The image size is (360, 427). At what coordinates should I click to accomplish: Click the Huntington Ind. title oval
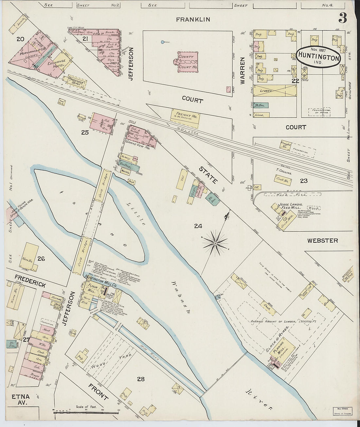click(x=318, y=57)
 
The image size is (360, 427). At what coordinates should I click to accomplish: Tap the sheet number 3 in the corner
click(x=342, y=19)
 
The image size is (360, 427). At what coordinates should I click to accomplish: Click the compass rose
click(x=215, y=243)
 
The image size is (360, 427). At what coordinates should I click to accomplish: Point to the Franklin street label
click(x=193, y=20)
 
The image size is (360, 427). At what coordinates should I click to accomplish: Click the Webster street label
click(x=322, y=240)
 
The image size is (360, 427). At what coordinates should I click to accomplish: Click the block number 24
click(x=198, y=226)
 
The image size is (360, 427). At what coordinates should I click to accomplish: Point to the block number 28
click(x=141, y=379)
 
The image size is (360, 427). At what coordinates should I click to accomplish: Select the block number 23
click(x=304, y=181)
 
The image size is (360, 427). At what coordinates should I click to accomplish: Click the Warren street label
click(x=243, y=71)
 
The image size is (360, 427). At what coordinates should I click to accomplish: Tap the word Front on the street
click(x=98, y=391)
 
